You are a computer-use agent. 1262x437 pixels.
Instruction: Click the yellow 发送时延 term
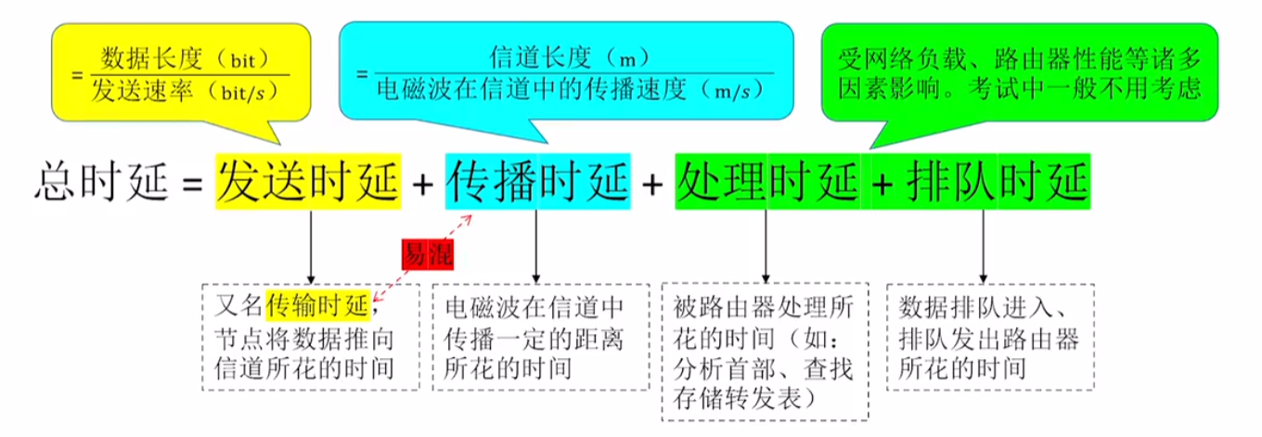308,181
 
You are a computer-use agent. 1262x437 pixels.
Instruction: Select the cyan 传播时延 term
538,181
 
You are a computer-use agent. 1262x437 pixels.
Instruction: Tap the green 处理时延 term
768,181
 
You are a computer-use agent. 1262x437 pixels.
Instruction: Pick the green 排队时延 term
998,181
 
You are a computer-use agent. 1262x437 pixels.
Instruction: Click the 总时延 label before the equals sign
101,181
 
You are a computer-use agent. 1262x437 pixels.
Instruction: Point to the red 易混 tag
428,254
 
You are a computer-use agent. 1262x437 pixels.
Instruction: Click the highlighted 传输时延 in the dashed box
317,306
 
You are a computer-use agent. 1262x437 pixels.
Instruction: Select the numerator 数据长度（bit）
185,59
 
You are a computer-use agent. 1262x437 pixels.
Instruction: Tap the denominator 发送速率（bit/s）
185,91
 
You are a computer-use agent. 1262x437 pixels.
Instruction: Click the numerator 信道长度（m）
569,58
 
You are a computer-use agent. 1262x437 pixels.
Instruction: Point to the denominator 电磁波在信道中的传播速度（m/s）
570,90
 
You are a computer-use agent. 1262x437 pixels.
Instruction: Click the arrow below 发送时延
311,247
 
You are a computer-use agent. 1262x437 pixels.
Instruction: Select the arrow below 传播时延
535,247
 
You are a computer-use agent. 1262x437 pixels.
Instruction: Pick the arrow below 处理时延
766,247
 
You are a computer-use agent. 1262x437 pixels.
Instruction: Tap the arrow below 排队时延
983,247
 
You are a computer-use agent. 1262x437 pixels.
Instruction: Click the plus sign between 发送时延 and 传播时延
423,184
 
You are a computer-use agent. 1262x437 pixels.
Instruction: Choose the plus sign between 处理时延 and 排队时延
882,184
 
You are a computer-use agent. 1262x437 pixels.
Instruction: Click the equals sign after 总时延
192,184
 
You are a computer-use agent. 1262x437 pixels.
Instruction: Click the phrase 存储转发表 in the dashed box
737,399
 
